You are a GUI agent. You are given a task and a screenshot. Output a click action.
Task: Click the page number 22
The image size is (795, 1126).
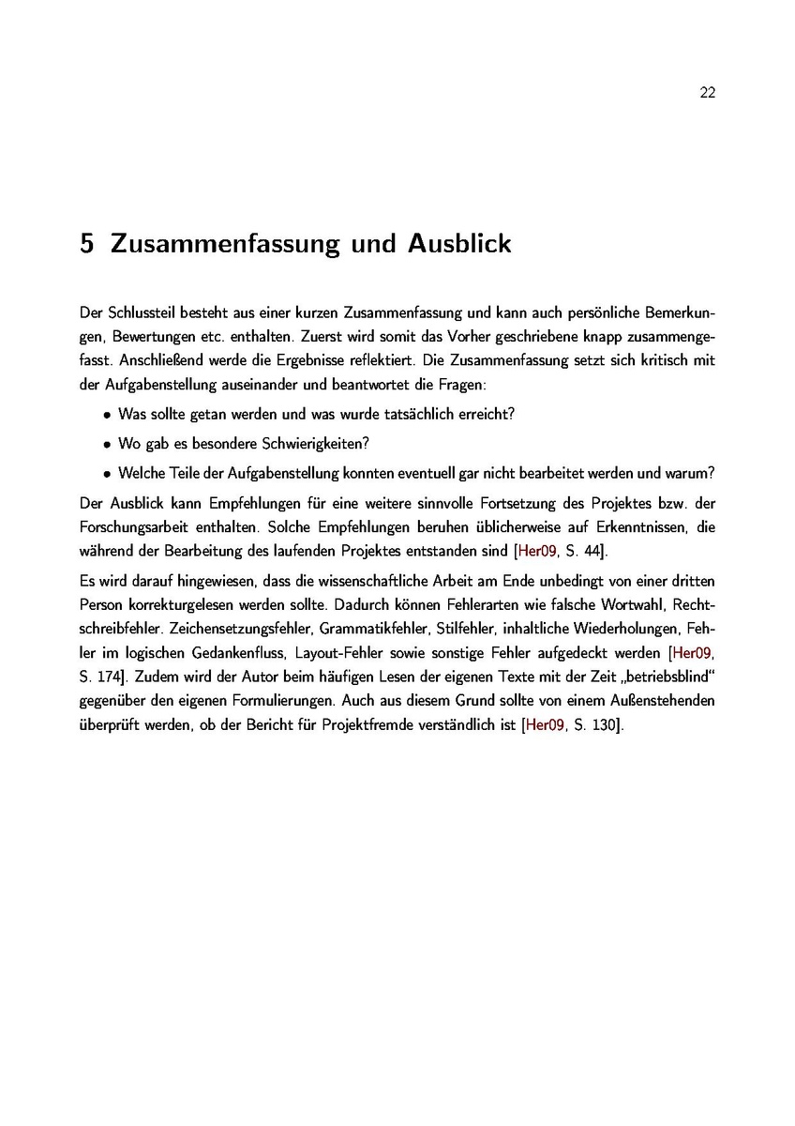pos(708,92)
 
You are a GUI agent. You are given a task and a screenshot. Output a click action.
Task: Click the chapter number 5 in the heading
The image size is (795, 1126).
pos(87,244)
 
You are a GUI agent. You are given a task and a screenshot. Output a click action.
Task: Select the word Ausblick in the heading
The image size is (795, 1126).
pos(459,244)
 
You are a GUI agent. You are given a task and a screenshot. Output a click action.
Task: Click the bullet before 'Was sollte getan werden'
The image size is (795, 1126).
pos(109,414)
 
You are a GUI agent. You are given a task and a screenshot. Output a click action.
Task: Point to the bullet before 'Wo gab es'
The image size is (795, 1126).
pos(109,444)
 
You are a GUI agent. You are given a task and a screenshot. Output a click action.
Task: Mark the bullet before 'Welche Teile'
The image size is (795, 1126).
pos(109,474)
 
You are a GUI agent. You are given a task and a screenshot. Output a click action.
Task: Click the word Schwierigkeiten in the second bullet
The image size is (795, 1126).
pos(319,443)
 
